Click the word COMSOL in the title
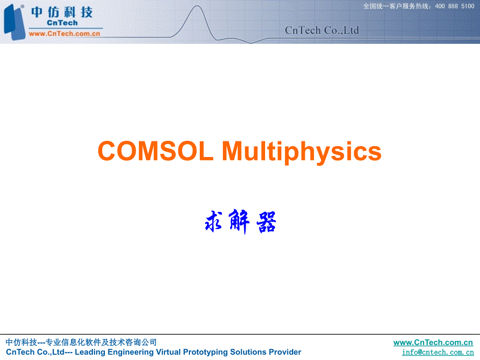point(155,151)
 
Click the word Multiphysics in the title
point(302,152)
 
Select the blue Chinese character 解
point(240,222)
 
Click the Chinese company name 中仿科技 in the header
point(62,11)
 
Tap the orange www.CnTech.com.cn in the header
point(64,33)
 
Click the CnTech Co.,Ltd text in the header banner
point(322,30)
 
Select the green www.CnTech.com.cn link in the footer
point(433,342)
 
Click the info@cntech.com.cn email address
point(438,352)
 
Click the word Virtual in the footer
point(169,352)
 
